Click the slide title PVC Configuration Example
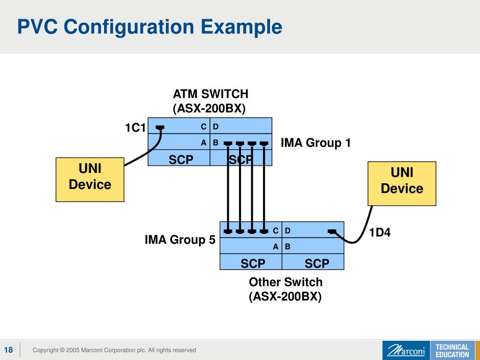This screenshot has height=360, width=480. click(x=150, y=27)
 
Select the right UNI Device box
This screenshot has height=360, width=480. click(x=402, y=183)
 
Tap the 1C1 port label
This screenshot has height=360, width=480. click(x=135, y=128)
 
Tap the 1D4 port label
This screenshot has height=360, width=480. click(x=380, y=232)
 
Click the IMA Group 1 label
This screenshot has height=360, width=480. click(x=315, y=142)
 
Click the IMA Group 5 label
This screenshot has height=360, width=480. click(x=180, y=240)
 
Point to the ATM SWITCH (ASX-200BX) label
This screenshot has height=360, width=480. click(x=210, y=101)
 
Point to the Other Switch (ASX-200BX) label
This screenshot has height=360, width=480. click(x=285, y=289)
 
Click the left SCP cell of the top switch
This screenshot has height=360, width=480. click(x=181, y=160)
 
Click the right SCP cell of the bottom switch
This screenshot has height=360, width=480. click(x=317, y=263)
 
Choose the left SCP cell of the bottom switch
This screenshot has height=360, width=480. click(x=253, y=263)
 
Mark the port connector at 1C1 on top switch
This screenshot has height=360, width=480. click(x=160, y=127)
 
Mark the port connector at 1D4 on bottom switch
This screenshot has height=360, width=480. click(x=332, y=231)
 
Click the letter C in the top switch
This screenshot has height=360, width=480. click(x=203, y=127)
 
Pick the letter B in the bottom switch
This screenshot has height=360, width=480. click(x=288, y=247)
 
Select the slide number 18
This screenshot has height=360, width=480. click(x=8, y=350)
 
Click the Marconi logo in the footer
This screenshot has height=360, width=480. click(x=406, y=351)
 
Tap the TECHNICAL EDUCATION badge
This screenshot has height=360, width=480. click(x=452, y=351)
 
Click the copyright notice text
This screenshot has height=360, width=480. click(x=114, y=350)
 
